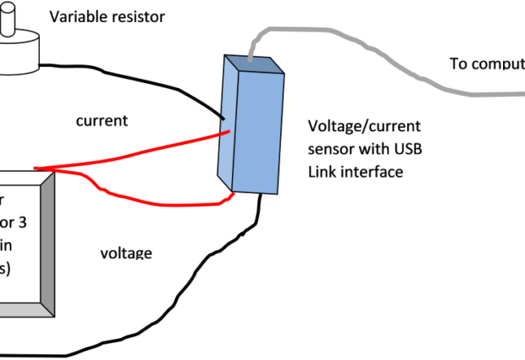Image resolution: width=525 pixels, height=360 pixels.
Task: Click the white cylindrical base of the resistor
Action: [19, 55]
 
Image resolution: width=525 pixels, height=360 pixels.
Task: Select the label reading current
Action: [102, 120]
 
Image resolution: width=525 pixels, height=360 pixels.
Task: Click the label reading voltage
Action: [126, 252]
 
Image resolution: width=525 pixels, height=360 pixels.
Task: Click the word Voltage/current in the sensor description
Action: [363, 126]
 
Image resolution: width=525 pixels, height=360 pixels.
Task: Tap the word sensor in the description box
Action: [330, 149]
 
